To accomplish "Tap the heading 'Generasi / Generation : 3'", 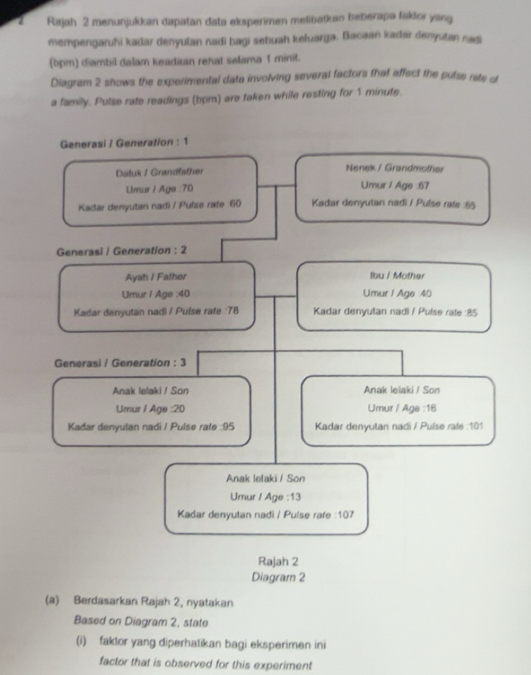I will [121, 363].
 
